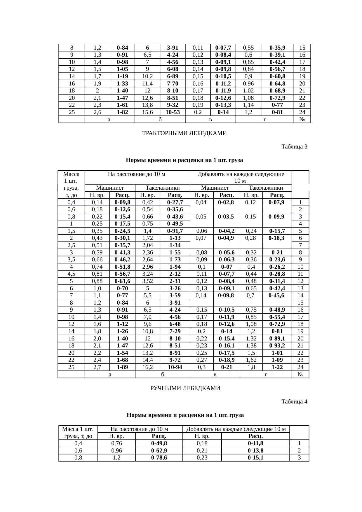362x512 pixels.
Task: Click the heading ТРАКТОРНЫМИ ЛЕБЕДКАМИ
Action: [x=184, y=133]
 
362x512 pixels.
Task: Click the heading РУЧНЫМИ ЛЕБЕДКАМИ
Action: [x=185, y=388]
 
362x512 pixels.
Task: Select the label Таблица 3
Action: [x=294, y=146]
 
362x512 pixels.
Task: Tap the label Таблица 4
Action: [x=294, y=402]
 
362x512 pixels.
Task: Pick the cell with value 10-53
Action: [x=173, y=112]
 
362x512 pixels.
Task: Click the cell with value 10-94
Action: [x=175, y=367]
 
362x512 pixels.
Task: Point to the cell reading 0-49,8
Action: [x=159, y=443]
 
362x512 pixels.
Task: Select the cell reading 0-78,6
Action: [x=159, y=458]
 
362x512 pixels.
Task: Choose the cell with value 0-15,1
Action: [x=255, y=458]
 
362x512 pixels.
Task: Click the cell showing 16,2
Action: [x=147, y=367]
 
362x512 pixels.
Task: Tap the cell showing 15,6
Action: [x=147, y=112]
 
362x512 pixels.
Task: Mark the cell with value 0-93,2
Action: [x=277, y=346]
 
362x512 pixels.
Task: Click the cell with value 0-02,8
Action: [x=227, y=202]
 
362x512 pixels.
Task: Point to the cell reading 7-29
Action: [x=175, y=331]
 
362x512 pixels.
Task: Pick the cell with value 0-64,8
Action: [x=277, y=84]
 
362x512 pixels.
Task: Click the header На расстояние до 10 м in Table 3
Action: [x=137, y=174]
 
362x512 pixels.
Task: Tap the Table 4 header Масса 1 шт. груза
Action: [x=78, y=433]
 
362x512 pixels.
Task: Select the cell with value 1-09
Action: [x=277, y=360]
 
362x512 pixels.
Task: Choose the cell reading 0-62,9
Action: [x=159, y=451]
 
